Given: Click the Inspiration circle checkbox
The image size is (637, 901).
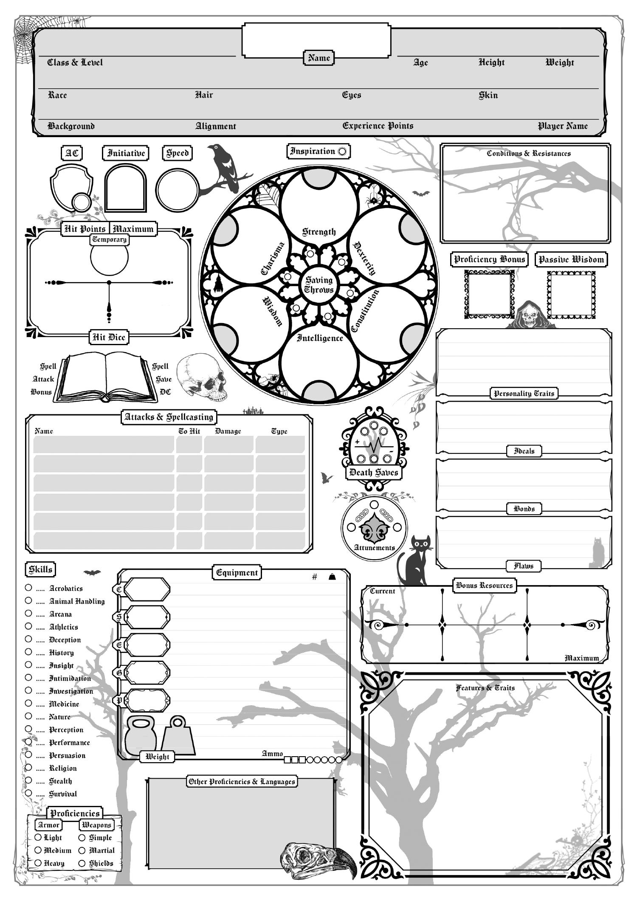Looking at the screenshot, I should [x=342, y=151].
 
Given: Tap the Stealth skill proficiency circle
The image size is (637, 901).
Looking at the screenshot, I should [x=28, y=780].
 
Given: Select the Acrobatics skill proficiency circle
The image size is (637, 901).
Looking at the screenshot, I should [x=28, y=588].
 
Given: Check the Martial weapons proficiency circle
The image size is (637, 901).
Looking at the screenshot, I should [x=82, y=850].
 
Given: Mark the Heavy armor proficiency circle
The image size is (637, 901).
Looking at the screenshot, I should [x=38, y=863].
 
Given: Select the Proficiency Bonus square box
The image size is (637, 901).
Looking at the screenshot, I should [x=489, y=294].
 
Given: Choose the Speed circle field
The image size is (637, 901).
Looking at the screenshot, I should [x=177, y=189].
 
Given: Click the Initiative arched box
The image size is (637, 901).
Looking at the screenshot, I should [x=126, y=188].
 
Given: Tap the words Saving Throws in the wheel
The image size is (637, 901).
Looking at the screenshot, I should [x=319, y=285].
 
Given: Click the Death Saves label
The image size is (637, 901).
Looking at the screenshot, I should [x=373, y=473].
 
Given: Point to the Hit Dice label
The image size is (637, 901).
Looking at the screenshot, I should [x=109, y=337].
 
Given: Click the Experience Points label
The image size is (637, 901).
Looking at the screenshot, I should [x=378, y=126].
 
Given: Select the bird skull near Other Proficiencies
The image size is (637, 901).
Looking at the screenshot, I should [x=318, y=858].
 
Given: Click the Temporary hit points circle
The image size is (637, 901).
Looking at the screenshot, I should [x=109, y=258].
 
